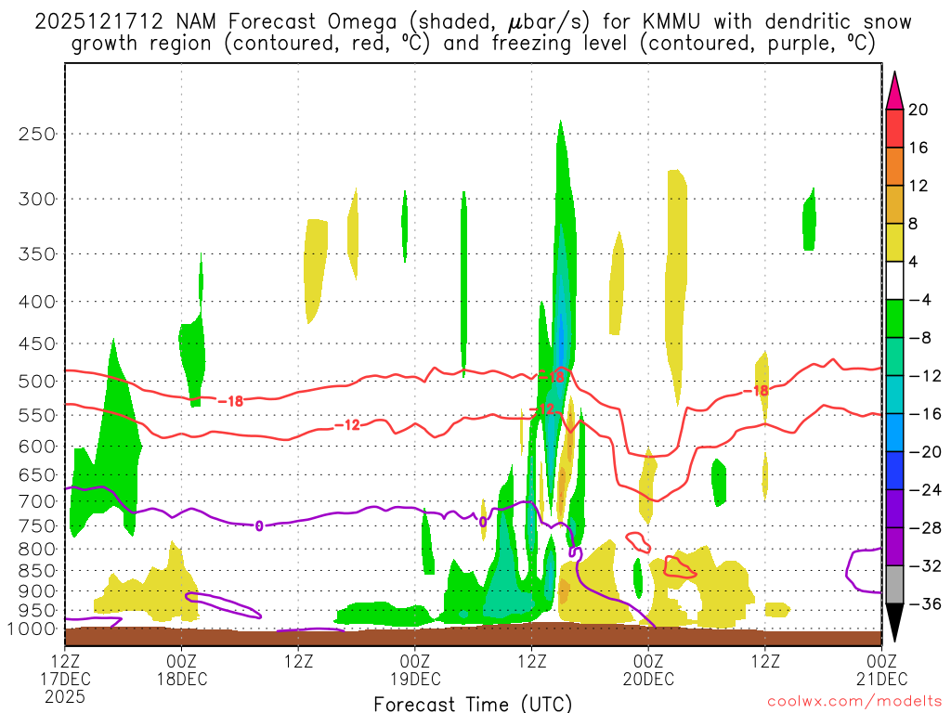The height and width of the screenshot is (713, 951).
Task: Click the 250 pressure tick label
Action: pyautogui.click(x=38, y=134)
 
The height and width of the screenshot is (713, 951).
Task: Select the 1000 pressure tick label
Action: pyautogui.click(x=33, y=629)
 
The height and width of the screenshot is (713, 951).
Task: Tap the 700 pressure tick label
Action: pyautogui.click(x=38, y=501)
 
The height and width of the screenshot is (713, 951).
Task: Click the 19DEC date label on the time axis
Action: pyautogui.click(x=414, y=679)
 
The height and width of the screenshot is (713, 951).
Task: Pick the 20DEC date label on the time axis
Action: pyautogui.click(x=648, y=679)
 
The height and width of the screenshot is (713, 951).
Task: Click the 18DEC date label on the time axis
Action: pyautogui.click(x=181, y=679)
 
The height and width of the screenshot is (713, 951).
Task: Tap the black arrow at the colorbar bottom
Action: pyautogui.click(x=894, y=623)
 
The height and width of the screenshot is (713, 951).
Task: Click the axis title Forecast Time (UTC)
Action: pyautogui.click(x=473, y=704)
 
